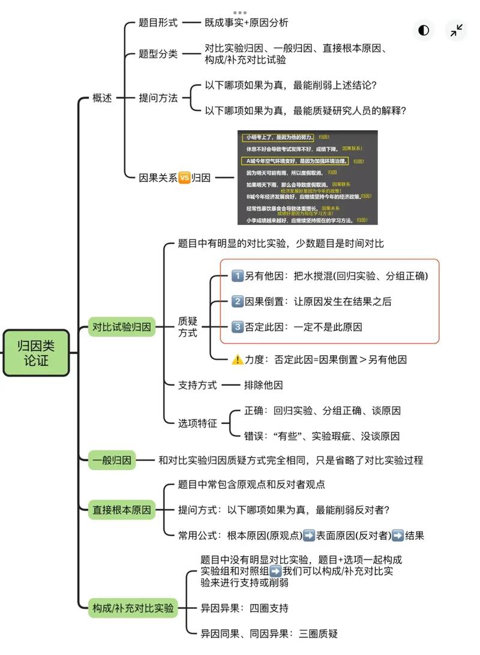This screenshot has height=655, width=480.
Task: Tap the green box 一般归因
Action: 112,461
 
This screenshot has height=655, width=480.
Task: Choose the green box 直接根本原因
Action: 122,510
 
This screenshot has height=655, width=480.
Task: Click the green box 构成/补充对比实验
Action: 133,608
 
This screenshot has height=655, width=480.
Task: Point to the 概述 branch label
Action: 102,98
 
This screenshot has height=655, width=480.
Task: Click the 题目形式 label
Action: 158,23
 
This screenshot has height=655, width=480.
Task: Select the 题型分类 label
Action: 158,54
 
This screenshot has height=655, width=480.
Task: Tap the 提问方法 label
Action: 158,98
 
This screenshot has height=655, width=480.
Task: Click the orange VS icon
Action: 184,178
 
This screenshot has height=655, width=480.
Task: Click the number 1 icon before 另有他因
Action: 237,276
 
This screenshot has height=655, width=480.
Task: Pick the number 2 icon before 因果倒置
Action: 237,302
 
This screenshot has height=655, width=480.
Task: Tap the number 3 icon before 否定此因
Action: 237,327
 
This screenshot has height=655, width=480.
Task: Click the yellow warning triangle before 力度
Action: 237,360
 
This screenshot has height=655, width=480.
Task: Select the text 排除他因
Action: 263,385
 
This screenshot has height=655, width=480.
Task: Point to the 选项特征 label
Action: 197,423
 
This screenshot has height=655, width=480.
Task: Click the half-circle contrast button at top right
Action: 424,31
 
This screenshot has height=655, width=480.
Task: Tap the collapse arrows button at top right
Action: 457,31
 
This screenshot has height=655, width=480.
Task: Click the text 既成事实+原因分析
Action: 246,23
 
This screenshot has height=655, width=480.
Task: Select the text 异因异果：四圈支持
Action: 244,608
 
